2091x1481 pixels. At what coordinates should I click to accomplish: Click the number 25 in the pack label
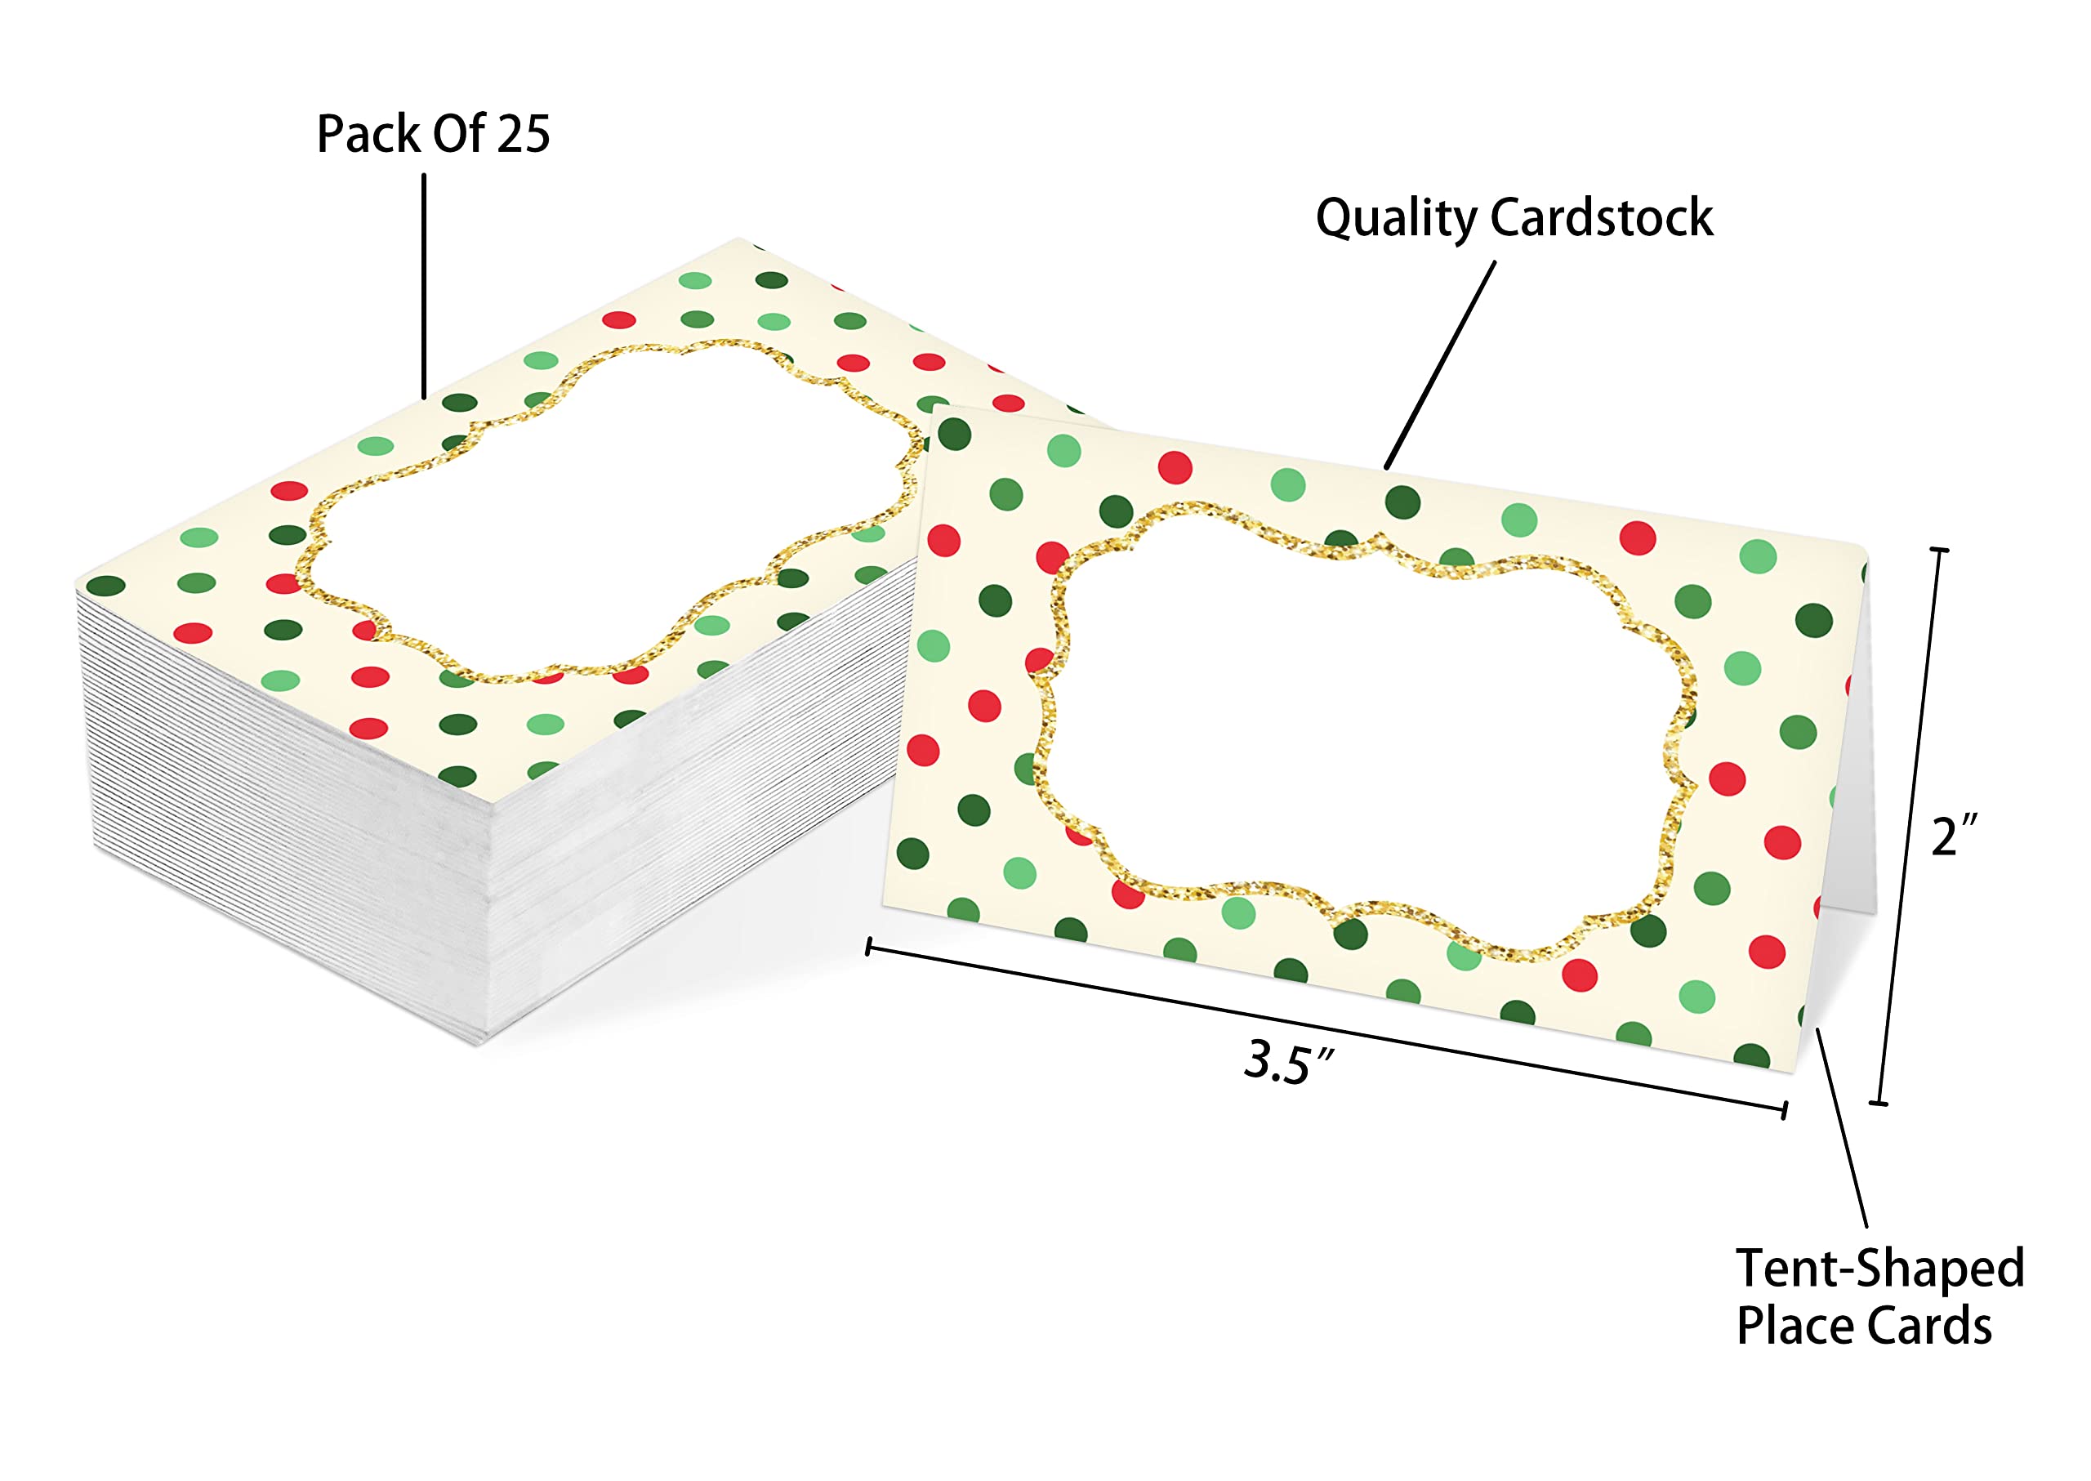click(524, 134)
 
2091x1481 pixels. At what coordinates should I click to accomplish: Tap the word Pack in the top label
click(368, 134)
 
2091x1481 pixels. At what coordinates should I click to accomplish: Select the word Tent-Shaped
click(1879, 1269)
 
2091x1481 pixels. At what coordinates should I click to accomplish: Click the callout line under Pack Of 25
click(424, 287)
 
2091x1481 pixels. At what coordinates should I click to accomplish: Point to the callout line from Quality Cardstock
click(1440, 365)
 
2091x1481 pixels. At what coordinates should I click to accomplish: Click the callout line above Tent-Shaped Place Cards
click(1842, 1127)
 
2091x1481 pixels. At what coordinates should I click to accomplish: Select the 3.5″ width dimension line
click(1326, 1027)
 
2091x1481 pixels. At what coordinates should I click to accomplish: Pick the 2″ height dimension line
click(1909, 826)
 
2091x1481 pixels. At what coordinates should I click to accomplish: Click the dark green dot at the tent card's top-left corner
click(954, 434)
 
